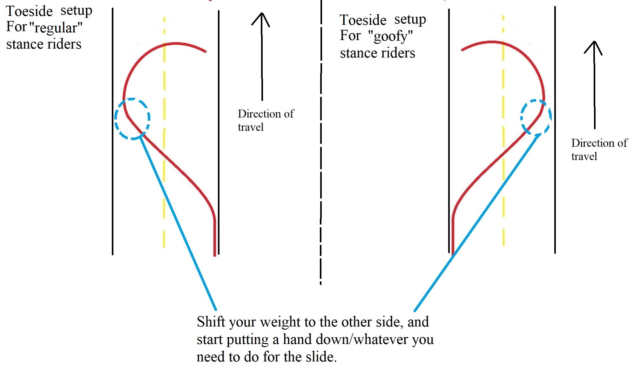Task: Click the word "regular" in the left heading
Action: [56, 28]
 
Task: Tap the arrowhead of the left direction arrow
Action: [261, 17]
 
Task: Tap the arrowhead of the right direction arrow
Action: [593, 46]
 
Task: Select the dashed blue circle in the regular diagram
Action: [132, 118]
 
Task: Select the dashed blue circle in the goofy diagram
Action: [536, 117]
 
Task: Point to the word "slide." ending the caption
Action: [321, 357]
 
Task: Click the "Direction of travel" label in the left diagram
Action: [266, 120]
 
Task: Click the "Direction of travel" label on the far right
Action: [599, 149]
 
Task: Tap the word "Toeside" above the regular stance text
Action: [29, 11]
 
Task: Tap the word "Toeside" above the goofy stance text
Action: [363, 20]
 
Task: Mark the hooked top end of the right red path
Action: [462, 50]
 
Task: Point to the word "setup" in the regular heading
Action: [76, 11]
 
